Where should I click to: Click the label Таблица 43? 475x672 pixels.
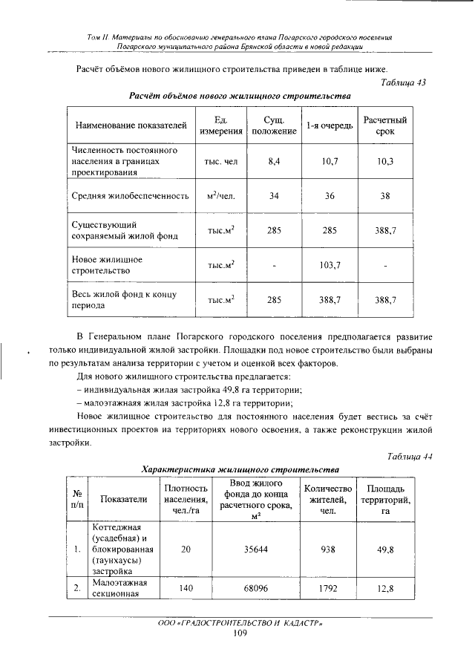click(402, 83)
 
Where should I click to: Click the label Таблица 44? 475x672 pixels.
click(407, 457)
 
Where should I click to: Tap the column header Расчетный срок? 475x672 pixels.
click(384, 126)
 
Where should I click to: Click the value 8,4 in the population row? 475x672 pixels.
click(274, 161)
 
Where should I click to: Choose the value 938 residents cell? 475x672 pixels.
click(328, 550)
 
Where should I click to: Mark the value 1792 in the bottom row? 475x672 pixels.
click(328, 590)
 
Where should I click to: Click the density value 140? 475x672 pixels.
click(186, 590)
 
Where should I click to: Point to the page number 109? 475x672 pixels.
click(239, 633)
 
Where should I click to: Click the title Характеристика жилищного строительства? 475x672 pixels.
click(240, 469)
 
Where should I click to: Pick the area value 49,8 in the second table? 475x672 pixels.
click(384, 550)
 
